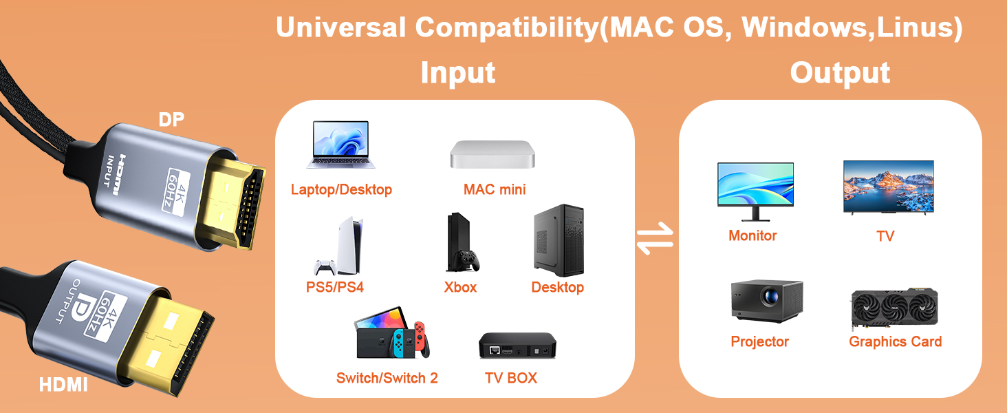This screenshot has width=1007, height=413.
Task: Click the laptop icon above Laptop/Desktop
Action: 341,145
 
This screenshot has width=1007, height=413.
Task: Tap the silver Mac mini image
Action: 494,154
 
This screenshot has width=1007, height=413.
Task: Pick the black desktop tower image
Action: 559,240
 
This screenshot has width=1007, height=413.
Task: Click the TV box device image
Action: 517,346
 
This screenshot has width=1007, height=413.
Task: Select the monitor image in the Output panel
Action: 755,190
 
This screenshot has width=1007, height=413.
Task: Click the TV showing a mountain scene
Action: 888,187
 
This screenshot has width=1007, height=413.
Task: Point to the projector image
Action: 766,301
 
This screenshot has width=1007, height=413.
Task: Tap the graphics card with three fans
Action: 894,310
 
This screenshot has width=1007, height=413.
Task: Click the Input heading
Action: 457,73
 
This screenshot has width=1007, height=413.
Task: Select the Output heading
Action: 840,73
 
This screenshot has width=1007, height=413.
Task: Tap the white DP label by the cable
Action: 171,120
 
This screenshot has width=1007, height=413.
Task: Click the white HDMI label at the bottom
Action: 63,385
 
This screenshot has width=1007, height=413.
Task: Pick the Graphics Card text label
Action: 895,342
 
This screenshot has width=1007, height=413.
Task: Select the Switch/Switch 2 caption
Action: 387,378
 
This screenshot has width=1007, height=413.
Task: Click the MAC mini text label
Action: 495,189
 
